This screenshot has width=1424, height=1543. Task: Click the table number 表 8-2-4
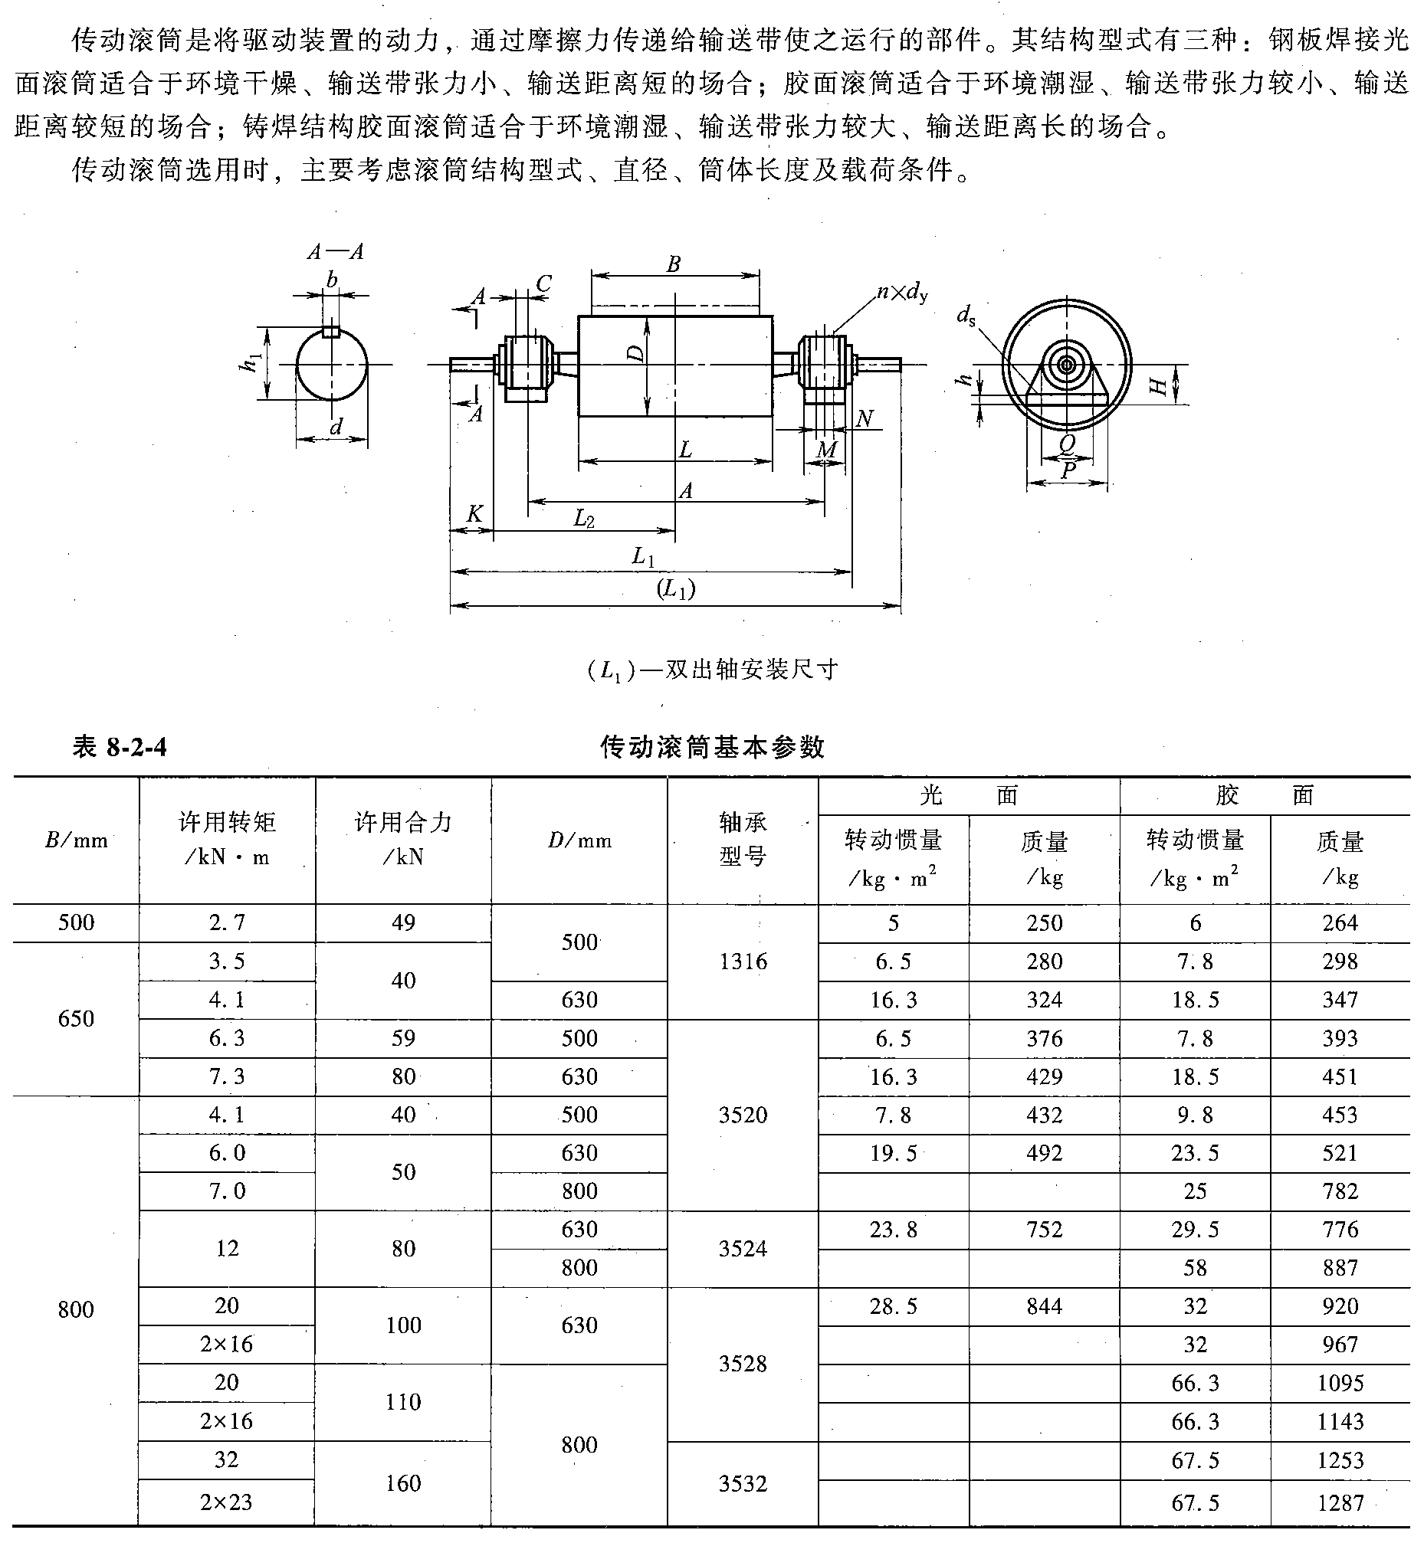pyautogui.click(x=119, y=747)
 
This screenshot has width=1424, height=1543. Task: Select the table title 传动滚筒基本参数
pyautogui.click(x=712, y=747)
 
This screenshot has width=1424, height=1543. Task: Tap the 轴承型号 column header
pyautogui.click(x=743, y=840)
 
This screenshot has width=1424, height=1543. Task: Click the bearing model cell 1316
pyautogui.click(x=743, y=962)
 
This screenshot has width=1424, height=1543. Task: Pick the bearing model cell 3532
pyautogui.click(x=743, y=1483)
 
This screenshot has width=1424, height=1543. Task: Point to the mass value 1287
pyautogui.click(x=1340, y=1502)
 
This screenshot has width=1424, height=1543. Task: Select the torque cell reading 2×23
pyautogui.click(x=227, y=1502)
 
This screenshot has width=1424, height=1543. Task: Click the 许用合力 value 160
pyautogui.click(x=403, y=1483)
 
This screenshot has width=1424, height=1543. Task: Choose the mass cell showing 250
pyautogui.click(x=1044, y=923)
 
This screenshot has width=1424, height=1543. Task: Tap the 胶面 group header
pyautogui.click(x=1264, y=795)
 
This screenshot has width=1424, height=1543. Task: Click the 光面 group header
pyautogui.click(x=969, y=795)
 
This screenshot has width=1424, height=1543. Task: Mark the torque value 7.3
pyautogui.click(x=227, y=1076)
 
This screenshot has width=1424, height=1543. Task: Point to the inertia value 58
pyautogui.click(x=1195, y=1268)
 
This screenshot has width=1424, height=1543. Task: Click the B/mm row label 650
pyautogui.click(x=76, y=1018)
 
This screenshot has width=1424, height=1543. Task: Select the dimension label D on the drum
pyautogui.click(x=635, y=354)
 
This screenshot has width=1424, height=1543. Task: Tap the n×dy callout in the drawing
pyautogui.click(x=902, y=292)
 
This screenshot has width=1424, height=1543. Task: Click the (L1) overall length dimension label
pyautogui.click(x=676, y=589)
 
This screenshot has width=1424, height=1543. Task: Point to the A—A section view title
pyautogui.click(x=335, y=252)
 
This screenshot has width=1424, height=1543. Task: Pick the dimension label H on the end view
pyautogui.click(x=1158, y=385)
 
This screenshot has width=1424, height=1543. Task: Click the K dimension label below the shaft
pyautogui.click(x=474, y=514)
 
